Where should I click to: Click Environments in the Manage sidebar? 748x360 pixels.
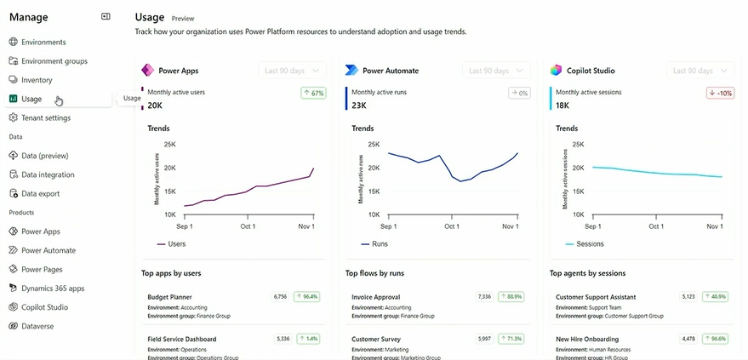click(43, 42)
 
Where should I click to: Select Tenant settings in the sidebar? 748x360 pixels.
click(45, 117)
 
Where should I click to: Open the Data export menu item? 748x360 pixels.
click(40, 193)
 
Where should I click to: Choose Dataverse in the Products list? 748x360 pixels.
click(38, 326)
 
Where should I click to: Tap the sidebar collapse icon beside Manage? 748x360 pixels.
click(106, 16)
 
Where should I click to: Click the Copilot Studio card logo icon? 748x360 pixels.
click(557, 71)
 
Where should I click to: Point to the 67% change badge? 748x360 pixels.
click(313, 93)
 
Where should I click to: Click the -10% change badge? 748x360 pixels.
click(721, 93)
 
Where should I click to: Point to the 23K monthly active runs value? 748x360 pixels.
click(359, 106)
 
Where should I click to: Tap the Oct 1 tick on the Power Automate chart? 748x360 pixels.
click(451, 226)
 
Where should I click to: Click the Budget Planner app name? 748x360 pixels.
click(169, 297)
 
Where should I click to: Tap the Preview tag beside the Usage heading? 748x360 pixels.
click(183, 18)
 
